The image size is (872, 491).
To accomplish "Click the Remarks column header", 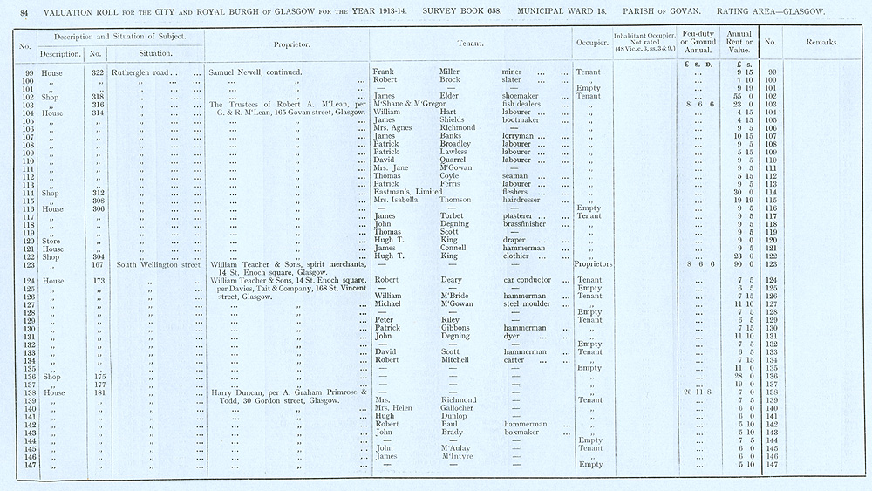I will click(x=822, y=42).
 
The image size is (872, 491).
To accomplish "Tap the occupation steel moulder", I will click(x=529, y=304).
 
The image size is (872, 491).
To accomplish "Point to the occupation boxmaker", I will click(x=523, y=433).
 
